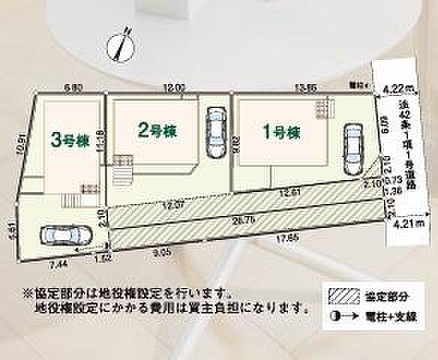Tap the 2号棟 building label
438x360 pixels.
[157, 130]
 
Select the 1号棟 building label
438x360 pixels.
[281, 133]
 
